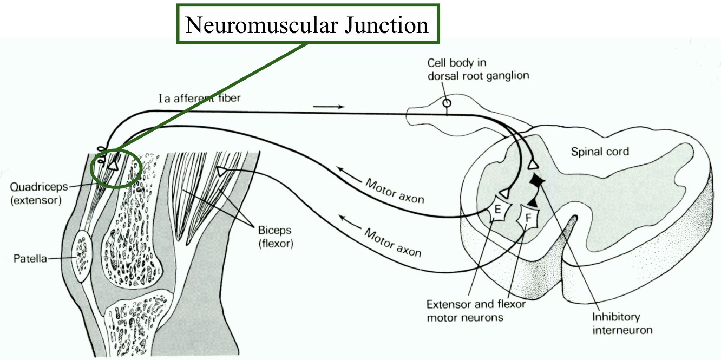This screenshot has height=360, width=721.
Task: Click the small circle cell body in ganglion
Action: click(447, 102)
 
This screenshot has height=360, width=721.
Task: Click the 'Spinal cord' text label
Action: click(600, 152)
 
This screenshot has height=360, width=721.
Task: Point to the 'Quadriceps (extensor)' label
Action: click(35, 192)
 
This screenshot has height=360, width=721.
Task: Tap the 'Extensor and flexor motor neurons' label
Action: click(471, 311)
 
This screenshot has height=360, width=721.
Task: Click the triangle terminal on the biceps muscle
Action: click(221, 172)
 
